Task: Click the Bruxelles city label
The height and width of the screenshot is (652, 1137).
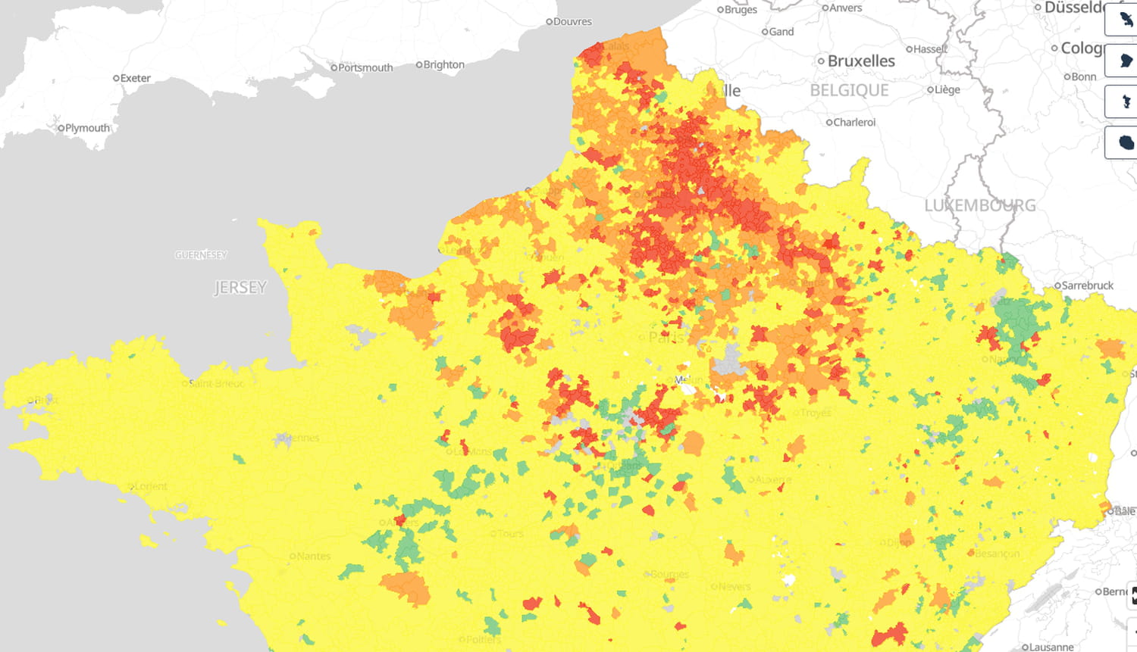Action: tap(861, 61)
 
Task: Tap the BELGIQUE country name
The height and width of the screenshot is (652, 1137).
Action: tap(849, 90)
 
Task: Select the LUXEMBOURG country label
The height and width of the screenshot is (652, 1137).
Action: tap(979, 205)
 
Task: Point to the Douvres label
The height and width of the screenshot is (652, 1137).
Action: tap(572, 21)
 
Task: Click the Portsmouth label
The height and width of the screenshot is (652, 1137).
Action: tap(365, 67)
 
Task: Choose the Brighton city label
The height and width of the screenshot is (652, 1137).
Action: tap(443, 64)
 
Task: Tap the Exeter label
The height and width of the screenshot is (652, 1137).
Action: tap(135, 78)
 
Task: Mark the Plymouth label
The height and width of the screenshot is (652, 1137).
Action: tap(87, 128)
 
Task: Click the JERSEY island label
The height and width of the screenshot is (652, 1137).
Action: tap(240, 287)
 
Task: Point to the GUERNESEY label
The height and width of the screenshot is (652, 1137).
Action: tap(201, 254)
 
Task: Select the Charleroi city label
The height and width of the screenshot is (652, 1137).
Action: tap(854, 122)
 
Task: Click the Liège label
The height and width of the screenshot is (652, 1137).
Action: tap(947, 89)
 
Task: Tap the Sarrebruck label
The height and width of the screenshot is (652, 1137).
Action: tap(1087, 285)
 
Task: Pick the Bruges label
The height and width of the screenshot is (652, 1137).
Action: tap(741, 9)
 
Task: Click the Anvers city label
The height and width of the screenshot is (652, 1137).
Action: tap(845, 8)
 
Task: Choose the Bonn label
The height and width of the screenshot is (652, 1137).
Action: tap(1083, 76)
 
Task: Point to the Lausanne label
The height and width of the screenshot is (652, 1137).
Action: tap(1051, 647)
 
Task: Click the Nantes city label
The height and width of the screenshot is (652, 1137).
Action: tap(313, 556)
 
